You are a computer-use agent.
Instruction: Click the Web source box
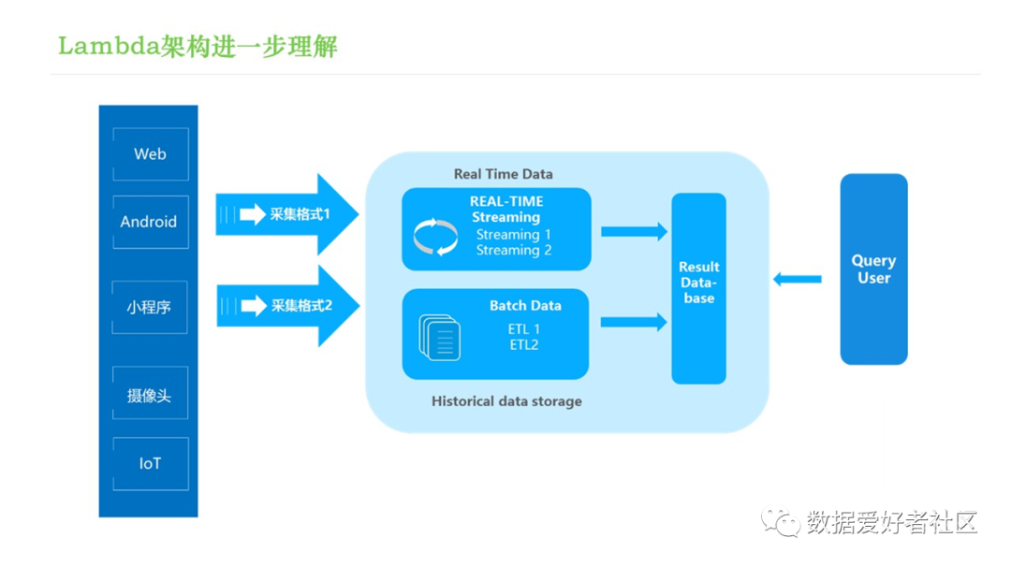(x=151, y=154)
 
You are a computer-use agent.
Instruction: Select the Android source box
(x=151, y=222)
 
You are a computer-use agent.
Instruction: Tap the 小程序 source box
(x=150, y=307)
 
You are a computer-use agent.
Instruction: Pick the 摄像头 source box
(x=150, y=393)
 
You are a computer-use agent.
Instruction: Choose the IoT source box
(x=151, y=464)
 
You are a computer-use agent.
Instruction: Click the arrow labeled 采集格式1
(x=287, y=214)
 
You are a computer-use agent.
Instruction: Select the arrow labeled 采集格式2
(x=287, y=305)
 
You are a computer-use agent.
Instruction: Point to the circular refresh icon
(x=435, y=237)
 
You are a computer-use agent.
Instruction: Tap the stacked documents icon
(x=439, y=337)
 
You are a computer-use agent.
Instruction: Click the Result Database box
(x=699, y=289)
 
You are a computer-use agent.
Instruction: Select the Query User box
(x=873, y=269)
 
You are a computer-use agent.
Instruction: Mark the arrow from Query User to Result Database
(x=797, y=279)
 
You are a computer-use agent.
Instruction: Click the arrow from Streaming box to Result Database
(x=634, y=231)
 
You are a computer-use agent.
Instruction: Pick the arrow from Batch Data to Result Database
(x=633, y=322)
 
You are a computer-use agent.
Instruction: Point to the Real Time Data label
(x=503, y=174)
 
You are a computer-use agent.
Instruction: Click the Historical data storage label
(x=506, y=401)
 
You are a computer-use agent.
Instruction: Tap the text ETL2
(x=523, y=345)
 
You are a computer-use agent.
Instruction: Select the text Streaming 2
(x=514, y=250)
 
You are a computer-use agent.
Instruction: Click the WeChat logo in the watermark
(x=780, y=520)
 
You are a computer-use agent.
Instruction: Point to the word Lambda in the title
(x=109, y=46)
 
